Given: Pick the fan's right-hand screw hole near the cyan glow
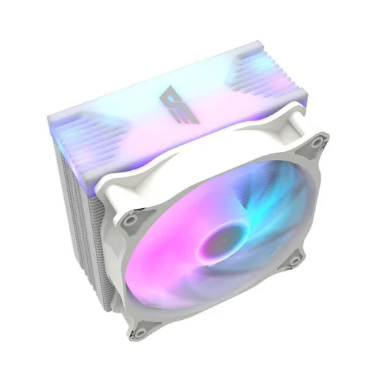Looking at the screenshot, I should [x=294, y=259].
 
